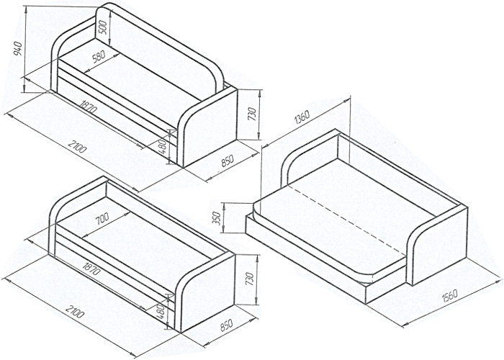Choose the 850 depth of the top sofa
point(228,163)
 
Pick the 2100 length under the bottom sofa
point(75,315)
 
